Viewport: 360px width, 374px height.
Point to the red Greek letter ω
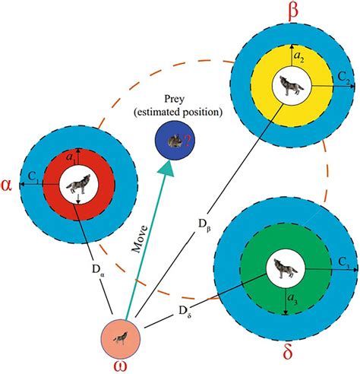point(121,367)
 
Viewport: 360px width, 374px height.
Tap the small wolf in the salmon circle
point(121,338)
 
